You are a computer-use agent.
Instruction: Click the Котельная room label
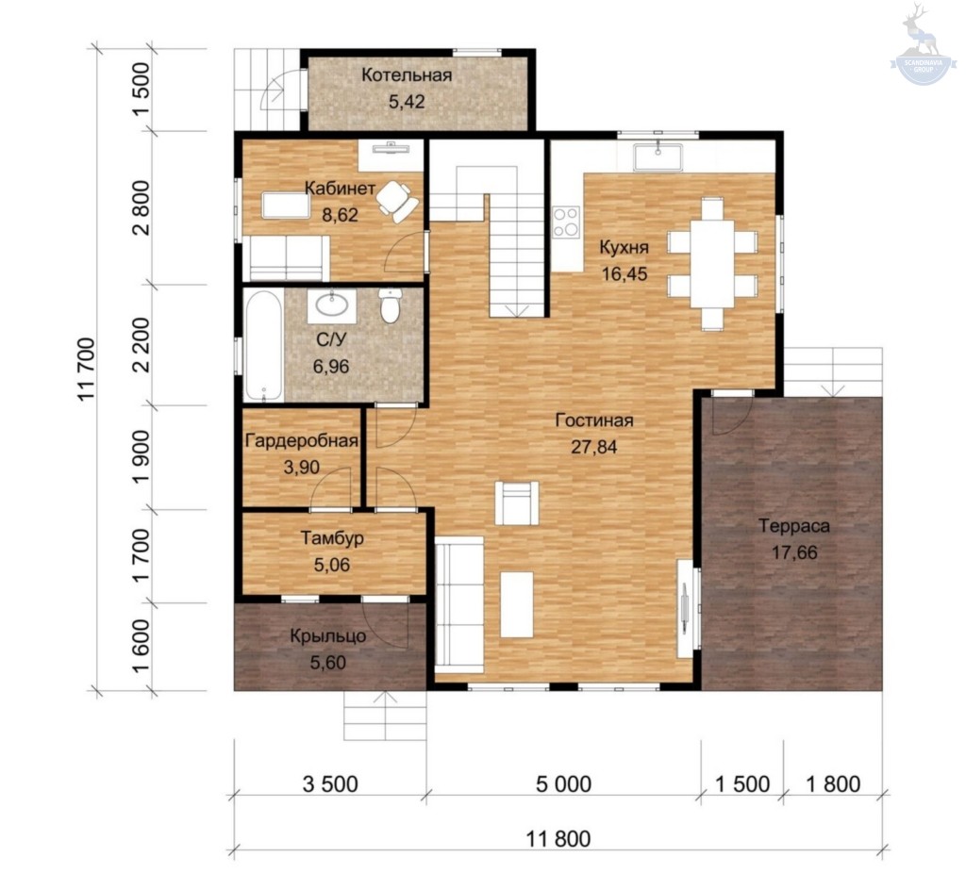coord(407,75)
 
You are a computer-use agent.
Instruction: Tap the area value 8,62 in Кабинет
coord(340,214)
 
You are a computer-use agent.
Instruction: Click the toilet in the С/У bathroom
coord(390,305)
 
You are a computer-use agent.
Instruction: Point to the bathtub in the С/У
coord(264,345)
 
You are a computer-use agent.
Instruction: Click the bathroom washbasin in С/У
coord(332,305)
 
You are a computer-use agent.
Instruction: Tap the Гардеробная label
coord(302,441)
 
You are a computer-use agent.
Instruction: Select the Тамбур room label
coord(332,538)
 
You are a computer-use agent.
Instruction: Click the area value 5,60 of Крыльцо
coord(327,663)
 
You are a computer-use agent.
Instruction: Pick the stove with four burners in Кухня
coord(566,222)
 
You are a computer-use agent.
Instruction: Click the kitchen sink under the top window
coord(658,156)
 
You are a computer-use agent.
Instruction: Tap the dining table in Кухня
coord(712,264)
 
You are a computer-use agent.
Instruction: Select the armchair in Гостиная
coord(517,502)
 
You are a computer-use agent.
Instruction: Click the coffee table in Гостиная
coord(517,604)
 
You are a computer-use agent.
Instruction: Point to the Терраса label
coord(794,526)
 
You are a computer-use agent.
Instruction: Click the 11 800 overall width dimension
coord(558,838)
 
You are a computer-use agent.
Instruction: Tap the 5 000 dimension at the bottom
coord(564,783)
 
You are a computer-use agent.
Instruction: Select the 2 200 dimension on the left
coord(142,345)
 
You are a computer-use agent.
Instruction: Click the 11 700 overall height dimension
coord(86,369)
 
